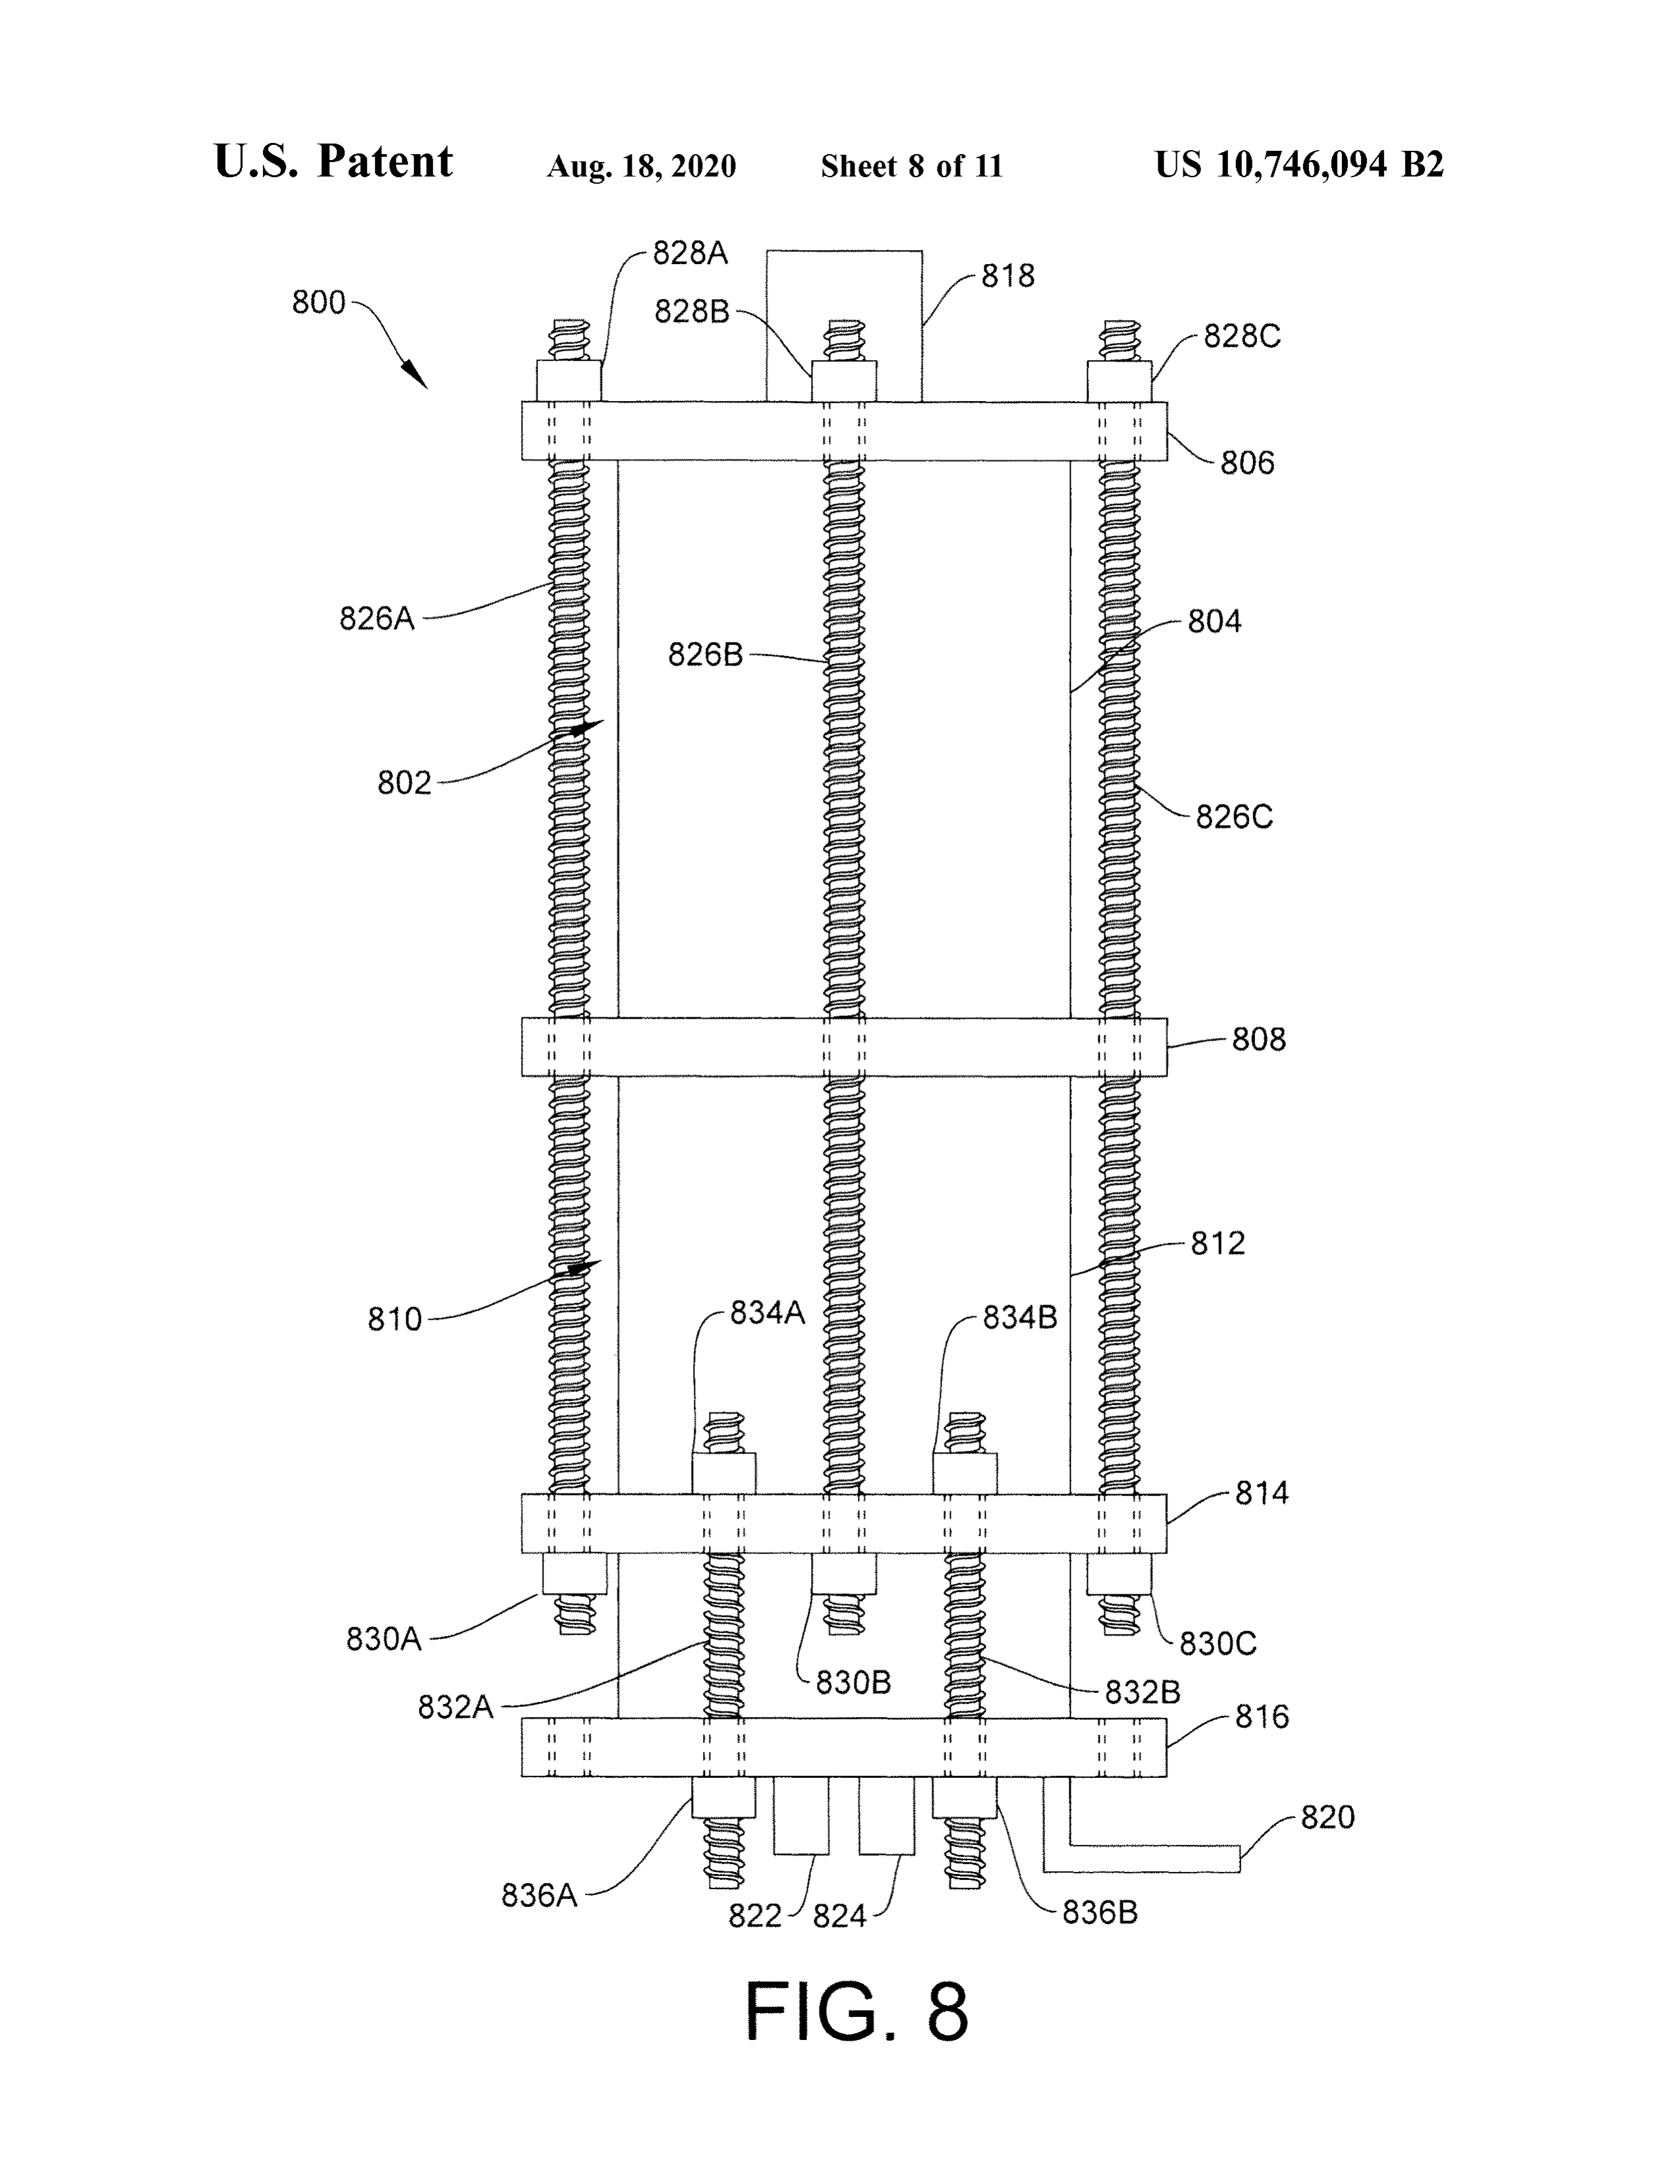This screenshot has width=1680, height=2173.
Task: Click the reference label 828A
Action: tap(690, 254)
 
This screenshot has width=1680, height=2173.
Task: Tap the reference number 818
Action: tap(1008, 277)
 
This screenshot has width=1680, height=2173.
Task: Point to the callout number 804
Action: tap(1214, 622)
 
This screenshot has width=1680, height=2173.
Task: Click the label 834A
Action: tap(768, 1314)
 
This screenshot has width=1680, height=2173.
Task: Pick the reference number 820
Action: tap(1328, 1818)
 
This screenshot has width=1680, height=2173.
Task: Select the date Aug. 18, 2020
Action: tap(641, 166)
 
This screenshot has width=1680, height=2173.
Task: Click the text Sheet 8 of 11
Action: tap(912, 166)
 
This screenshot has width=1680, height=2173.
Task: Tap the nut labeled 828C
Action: tap(1119, 381)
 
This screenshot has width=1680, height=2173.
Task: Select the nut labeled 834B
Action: tap(965, 1474)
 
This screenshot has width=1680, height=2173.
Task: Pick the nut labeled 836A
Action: tap(723, 1798)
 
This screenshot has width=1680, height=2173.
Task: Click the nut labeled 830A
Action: tap(574, 1573)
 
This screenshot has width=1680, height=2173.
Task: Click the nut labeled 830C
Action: tap(1119, 1573)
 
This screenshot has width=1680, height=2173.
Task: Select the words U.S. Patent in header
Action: tap(333, 162)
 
